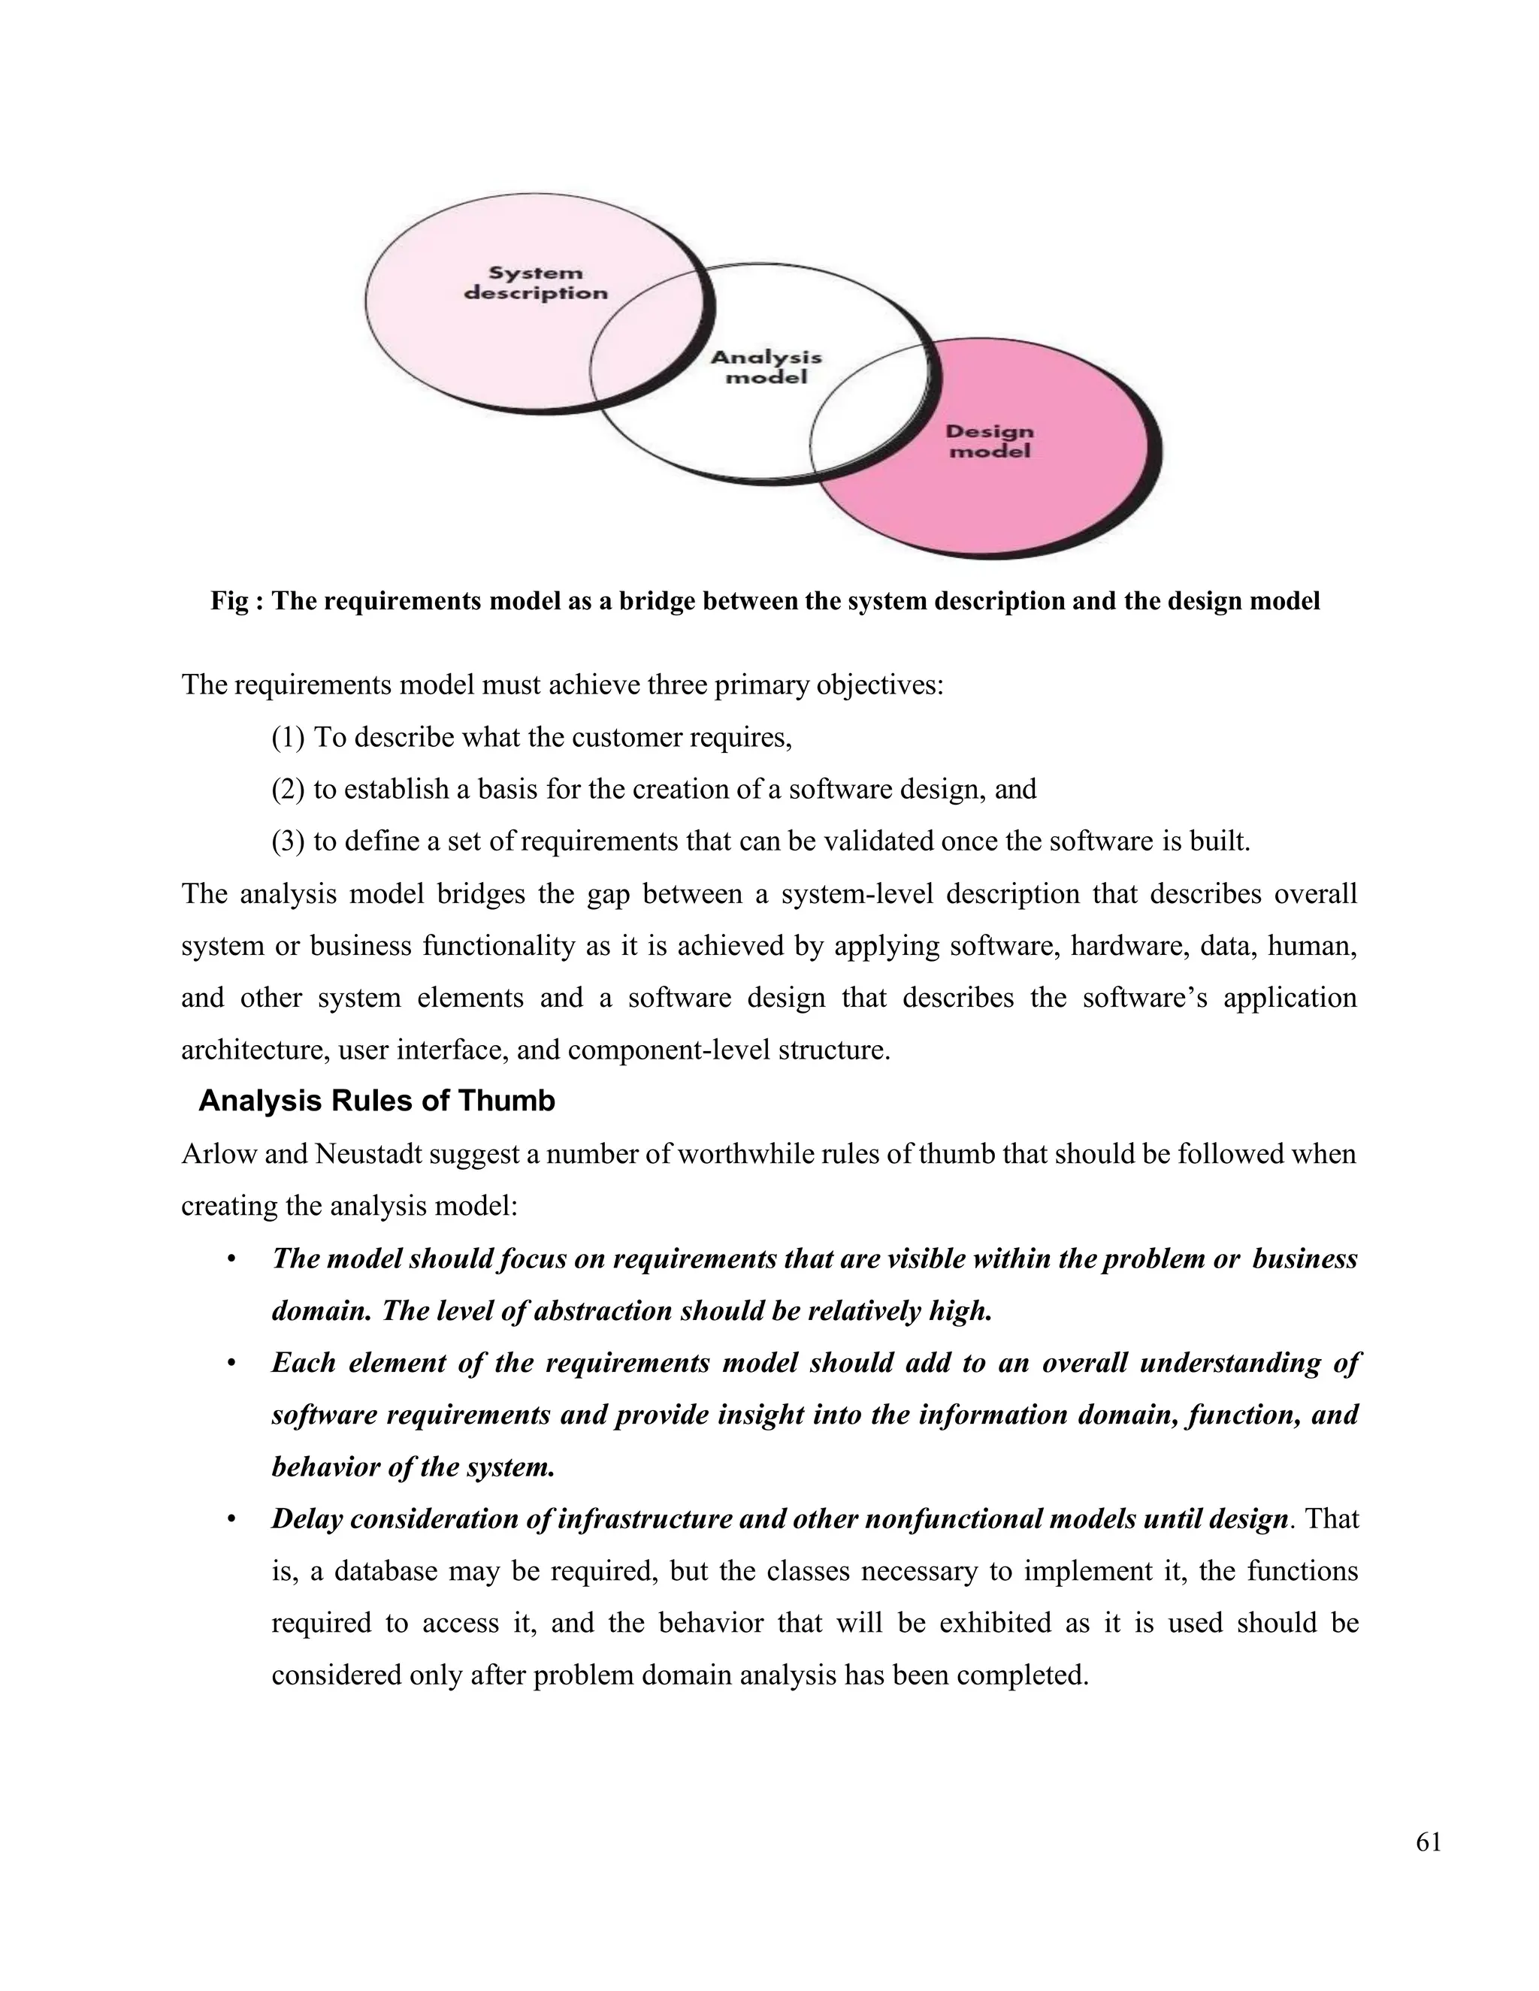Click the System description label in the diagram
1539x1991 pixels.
tap(535, 282)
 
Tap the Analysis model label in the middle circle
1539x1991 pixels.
tap(766, 367)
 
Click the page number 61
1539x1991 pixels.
tap(1429, 1842)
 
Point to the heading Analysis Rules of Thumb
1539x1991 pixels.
tap(376, 1101)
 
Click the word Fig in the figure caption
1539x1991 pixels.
tap(229, 602)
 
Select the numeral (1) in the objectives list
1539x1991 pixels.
tap(288, 738)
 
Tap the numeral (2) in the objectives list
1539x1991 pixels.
tap(288, 790)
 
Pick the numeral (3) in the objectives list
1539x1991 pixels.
tap(288, 841)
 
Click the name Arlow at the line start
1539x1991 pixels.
tap(214, 1154)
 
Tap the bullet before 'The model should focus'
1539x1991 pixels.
tap(231, 1260)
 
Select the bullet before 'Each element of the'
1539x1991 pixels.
tap(231, 1364)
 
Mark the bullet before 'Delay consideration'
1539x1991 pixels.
tap(231, 1520)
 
